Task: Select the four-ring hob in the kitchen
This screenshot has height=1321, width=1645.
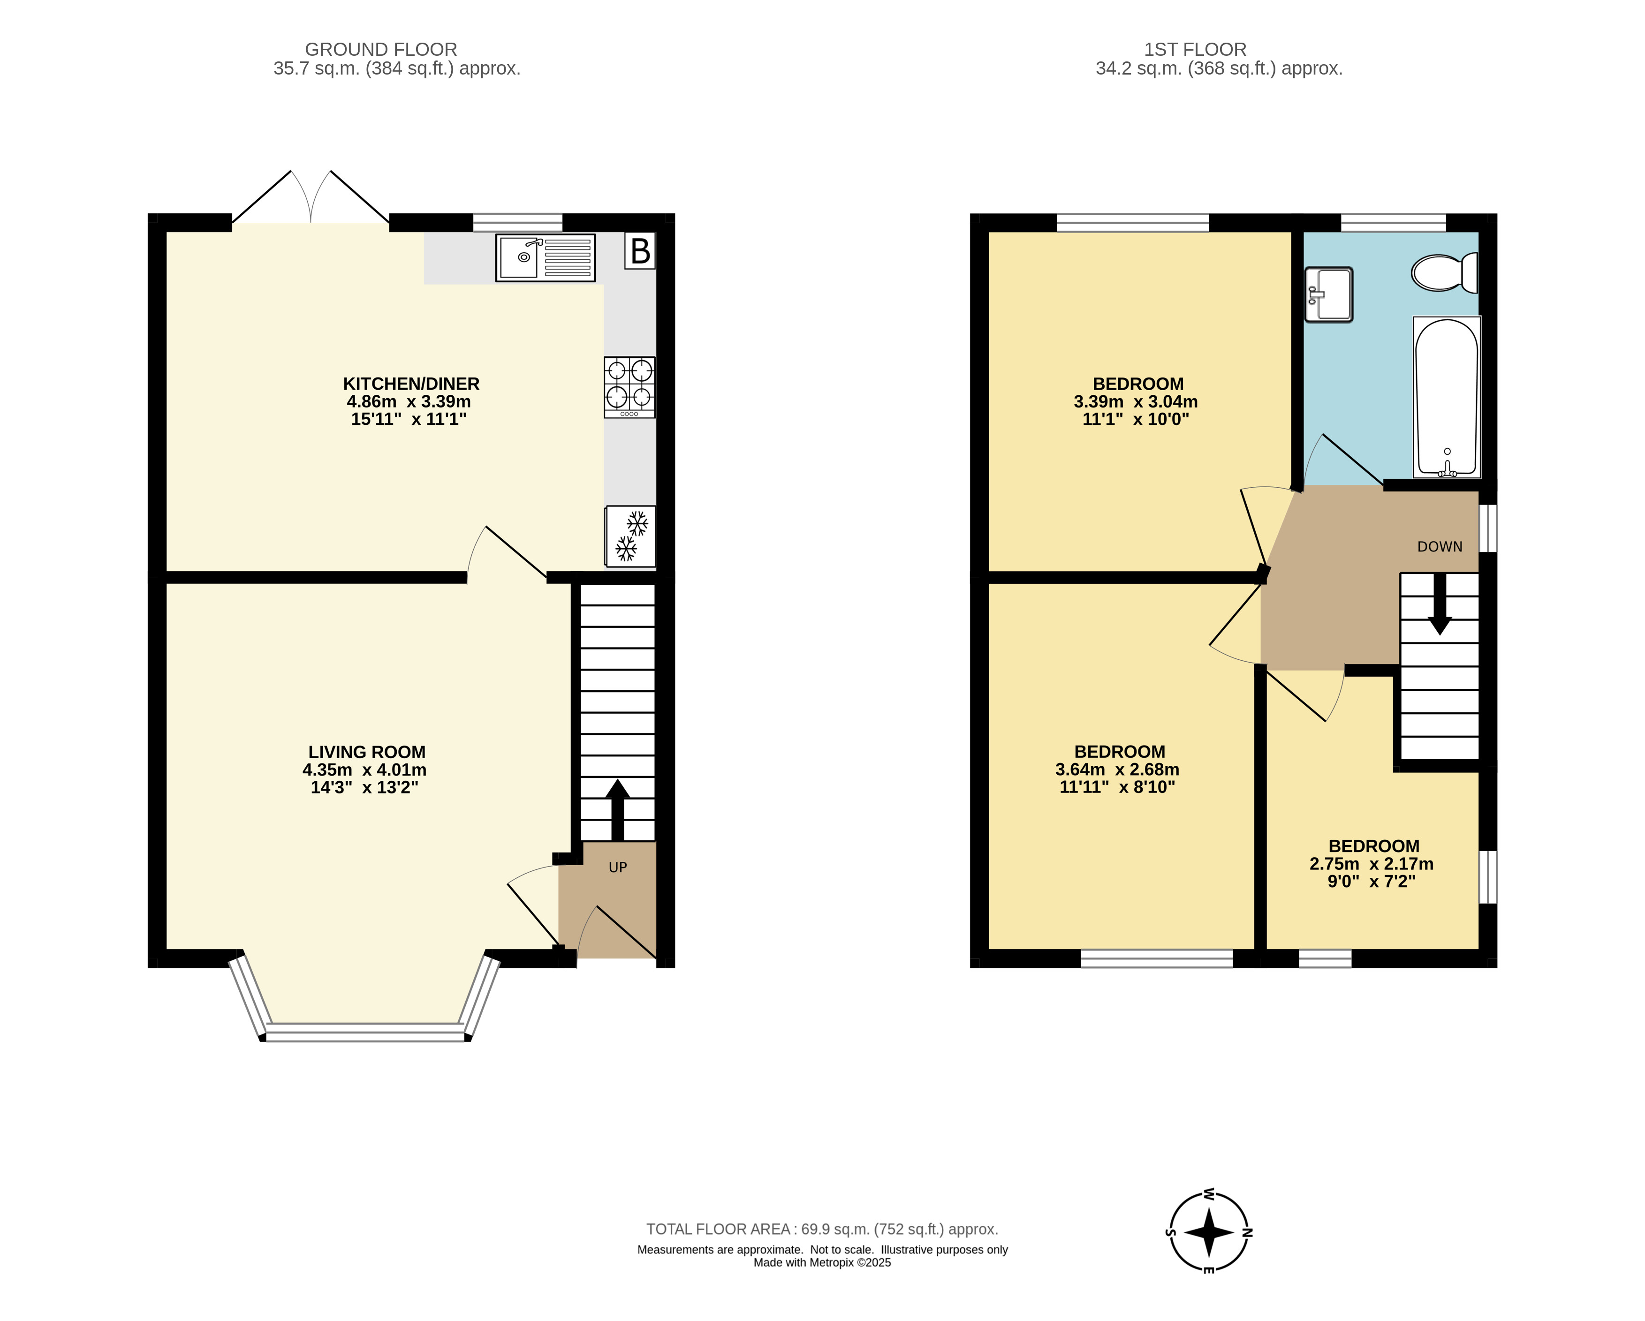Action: tap(629, 387)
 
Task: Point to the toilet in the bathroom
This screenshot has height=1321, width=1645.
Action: tap(1444, 272)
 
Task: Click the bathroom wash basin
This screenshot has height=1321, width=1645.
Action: tap(1328, 294)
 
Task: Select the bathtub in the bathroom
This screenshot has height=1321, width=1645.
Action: tap(1447, 397)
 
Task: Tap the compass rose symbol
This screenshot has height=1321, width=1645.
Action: tap(1209, 1232)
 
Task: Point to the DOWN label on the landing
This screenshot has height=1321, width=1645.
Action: tap(1440, 547)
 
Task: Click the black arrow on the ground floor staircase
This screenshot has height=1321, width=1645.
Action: tap(617, 810)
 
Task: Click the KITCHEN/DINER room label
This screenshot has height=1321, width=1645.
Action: tap(411, 384)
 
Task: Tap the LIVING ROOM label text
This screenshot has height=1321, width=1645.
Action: tap(367, 752)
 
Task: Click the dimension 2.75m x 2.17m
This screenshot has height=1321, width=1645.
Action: tap(1371, 864)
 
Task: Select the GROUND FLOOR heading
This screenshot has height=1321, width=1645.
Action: tap(381, 50)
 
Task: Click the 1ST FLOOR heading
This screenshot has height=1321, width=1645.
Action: tap(1195, 50)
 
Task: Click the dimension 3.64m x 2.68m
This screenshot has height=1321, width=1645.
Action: tap(1117, 770)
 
